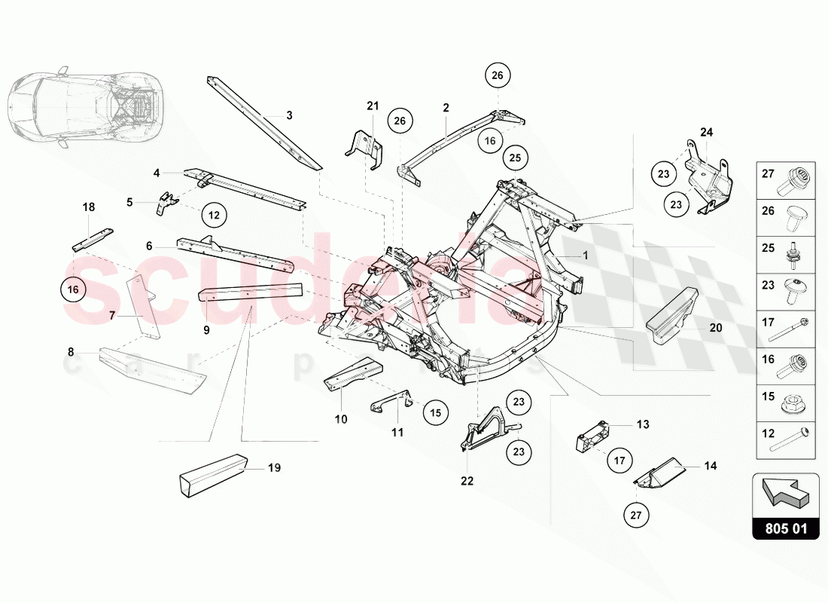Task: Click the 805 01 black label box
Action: click(785, 528)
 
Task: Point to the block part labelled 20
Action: click(671, 317)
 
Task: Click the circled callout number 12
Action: click(214, 215)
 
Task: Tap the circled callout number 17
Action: click(618, 459)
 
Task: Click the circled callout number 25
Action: click(516, 158)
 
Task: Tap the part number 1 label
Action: click(585, 256)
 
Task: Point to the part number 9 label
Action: click(206, 329)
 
